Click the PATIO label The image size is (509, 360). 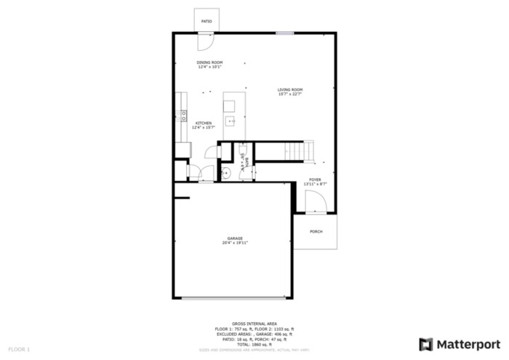207,22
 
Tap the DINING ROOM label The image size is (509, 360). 209,63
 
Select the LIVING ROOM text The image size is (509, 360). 289,89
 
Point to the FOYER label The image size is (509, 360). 315,180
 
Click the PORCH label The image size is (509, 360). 316,231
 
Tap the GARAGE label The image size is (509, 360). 235,238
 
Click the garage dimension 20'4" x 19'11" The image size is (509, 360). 235,243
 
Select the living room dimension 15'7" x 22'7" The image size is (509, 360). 289,94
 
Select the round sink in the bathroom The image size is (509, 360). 226,172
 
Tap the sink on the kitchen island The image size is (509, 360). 229,121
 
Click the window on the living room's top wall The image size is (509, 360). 284,32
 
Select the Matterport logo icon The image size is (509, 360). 426,344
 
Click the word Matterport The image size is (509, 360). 468,344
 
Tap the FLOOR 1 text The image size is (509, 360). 19,350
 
